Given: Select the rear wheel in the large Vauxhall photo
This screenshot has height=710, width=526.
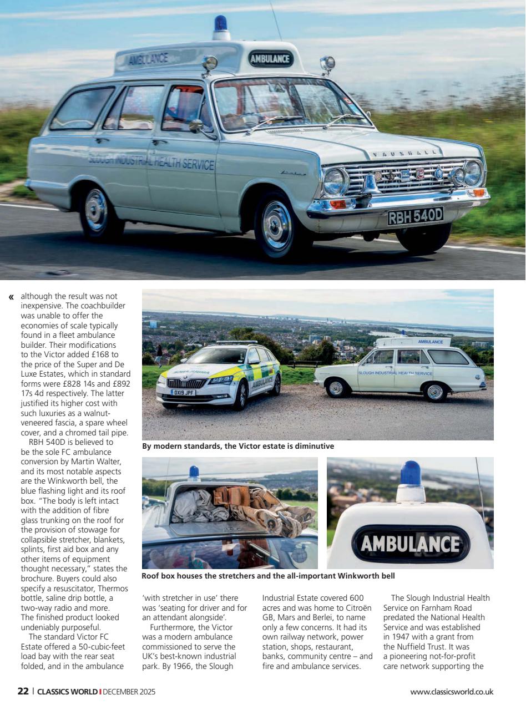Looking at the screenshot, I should [96, 211].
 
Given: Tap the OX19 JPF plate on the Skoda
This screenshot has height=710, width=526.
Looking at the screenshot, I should [183, 392].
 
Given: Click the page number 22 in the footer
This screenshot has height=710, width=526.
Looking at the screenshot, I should [23, 692].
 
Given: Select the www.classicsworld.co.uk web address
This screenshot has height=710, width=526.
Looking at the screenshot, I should [452, 692].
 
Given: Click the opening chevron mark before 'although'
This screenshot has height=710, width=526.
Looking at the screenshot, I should [11, 297].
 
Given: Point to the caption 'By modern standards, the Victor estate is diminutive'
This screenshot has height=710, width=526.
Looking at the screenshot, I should [238, 446].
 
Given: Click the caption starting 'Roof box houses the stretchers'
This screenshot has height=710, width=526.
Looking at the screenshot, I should [269, 576].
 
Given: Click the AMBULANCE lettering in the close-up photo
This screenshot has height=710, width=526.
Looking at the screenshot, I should [410, 544].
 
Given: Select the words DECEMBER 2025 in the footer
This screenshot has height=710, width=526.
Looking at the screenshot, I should [129, 692].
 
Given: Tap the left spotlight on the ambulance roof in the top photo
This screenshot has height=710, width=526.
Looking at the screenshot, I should [210, 63].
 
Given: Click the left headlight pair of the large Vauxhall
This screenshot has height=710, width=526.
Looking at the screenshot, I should [335, 182].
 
